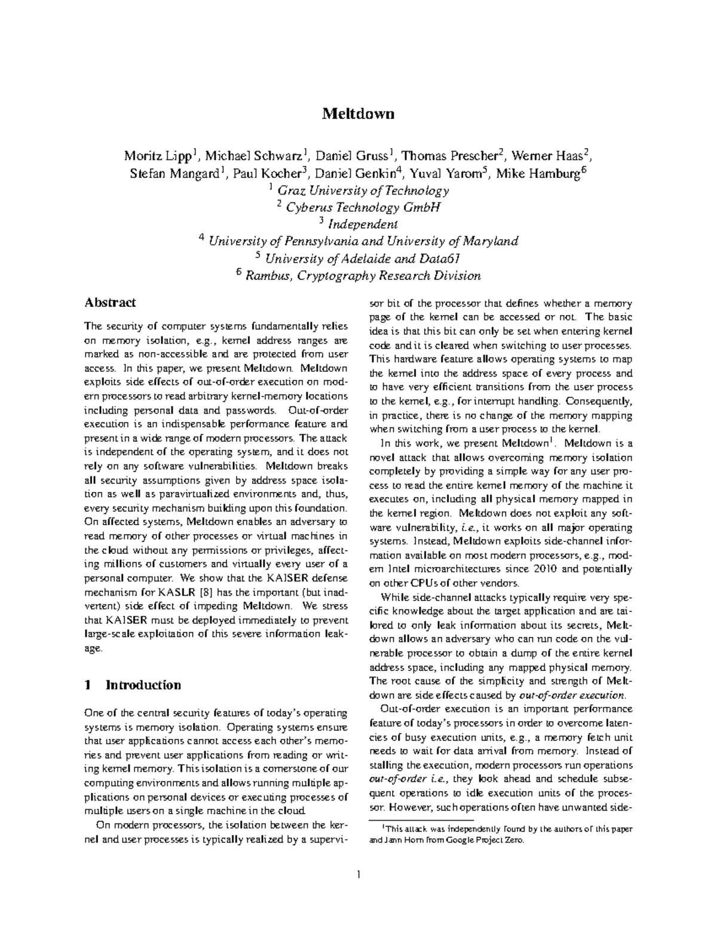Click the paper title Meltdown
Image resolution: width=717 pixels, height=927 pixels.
tap(358, 113)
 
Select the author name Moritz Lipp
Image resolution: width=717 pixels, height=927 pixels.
tap(158, 156)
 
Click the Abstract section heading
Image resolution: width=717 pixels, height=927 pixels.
tap(110, 303)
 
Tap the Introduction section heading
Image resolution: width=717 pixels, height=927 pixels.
tap(143, 685)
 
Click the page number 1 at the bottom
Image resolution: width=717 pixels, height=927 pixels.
tap(358, 875)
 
